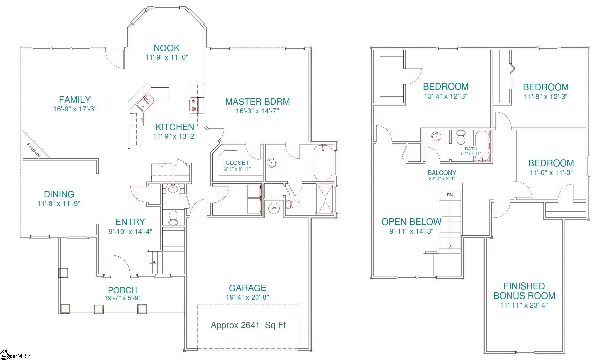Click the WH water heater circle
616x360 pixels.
point(274,208)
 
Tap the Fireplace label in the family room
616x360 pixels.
point(34,150)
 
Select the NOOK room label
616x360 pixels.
point(166,48)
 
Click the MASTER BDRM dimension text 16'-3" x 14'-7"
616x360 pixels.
point(257,111)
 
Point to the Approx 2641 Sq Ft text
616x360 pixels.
point(248,325)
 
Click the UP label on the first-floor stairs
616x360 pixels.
point(153,262)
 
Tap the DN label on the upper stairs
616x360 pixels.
point(450,195)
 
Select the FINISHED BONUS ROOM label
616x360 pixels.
point(524,291)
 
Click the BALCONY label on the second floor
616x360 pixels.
point(442,173)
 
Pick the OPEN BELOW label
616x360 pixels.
point(411,222)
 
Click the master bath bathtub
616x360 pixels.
point(323,163)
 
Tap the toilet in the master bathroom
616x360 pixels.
point(293,204)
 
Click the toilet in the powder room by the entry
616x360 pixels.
point(173,217)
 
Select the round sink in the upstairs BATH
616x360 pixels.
point(436,136)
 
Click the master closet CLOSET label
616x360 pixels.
point(237,163)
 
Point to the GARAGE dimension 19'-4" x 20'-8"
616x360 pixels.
point(247,297)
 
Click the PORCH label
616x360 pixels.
point(122,290)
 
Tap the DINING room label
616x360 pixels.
point(59,194)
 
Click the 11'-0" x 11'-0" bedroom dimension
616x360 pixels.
point(551,173)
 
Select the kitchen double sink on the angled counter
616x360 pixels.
point(146,102)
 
